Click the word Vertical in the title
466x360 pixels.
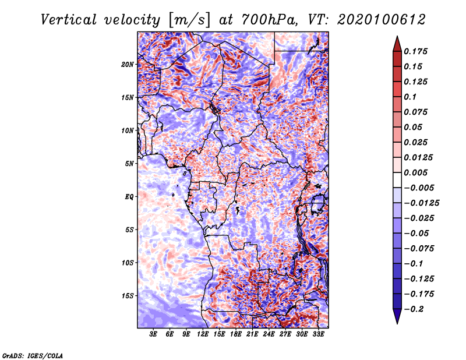68,20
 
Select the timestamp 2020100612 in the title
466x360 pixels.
382,20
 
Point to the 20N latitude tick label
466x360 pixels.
128,65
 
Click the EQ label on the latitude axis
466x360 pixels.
129,197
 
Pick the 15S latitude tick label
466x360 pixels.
128,296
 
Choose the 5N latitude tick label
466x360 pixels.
129,164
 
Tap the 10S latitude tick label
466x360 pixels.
128,263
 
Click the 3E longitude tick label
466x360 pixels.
153,334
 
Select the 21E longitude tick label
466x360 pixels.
252,334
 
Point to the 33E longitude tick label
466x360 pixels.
318,334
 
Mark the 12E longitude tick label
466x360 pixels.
202,334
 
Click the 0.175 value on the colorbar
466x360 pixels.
415,51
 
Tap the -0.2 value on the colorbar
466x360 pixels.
414,309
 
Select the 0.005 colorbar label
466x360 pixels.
415,172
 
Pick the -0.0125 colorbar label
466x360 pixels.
421,203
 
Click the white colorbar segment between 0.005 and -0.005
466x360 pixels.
397,180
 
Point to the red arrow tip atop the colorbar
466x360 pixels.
397,36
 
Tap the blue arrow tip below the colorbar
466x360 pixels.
397,323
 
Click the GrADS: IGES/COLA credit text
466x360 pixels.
33,355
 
